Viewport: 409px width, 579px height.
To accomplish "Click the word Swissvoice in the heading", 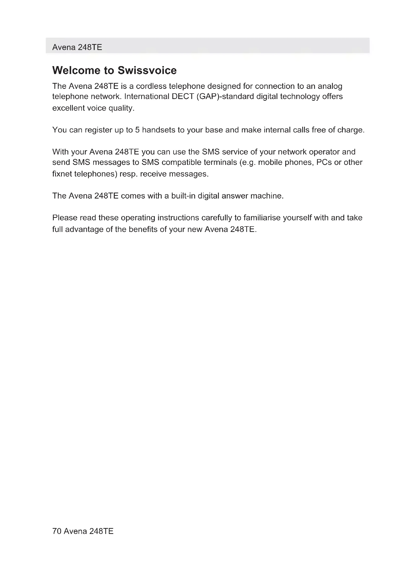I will (147, 70).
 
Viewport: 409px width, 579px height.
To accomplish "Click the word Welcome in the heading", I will (76, 70).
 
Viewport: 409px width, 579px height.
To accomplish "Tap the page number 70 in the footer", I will (57, 531).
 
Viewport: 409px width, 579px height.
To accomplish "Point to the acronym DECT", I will (182, 97).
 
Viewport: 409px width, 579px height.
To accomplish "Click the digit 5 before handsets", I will (137, 130).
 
